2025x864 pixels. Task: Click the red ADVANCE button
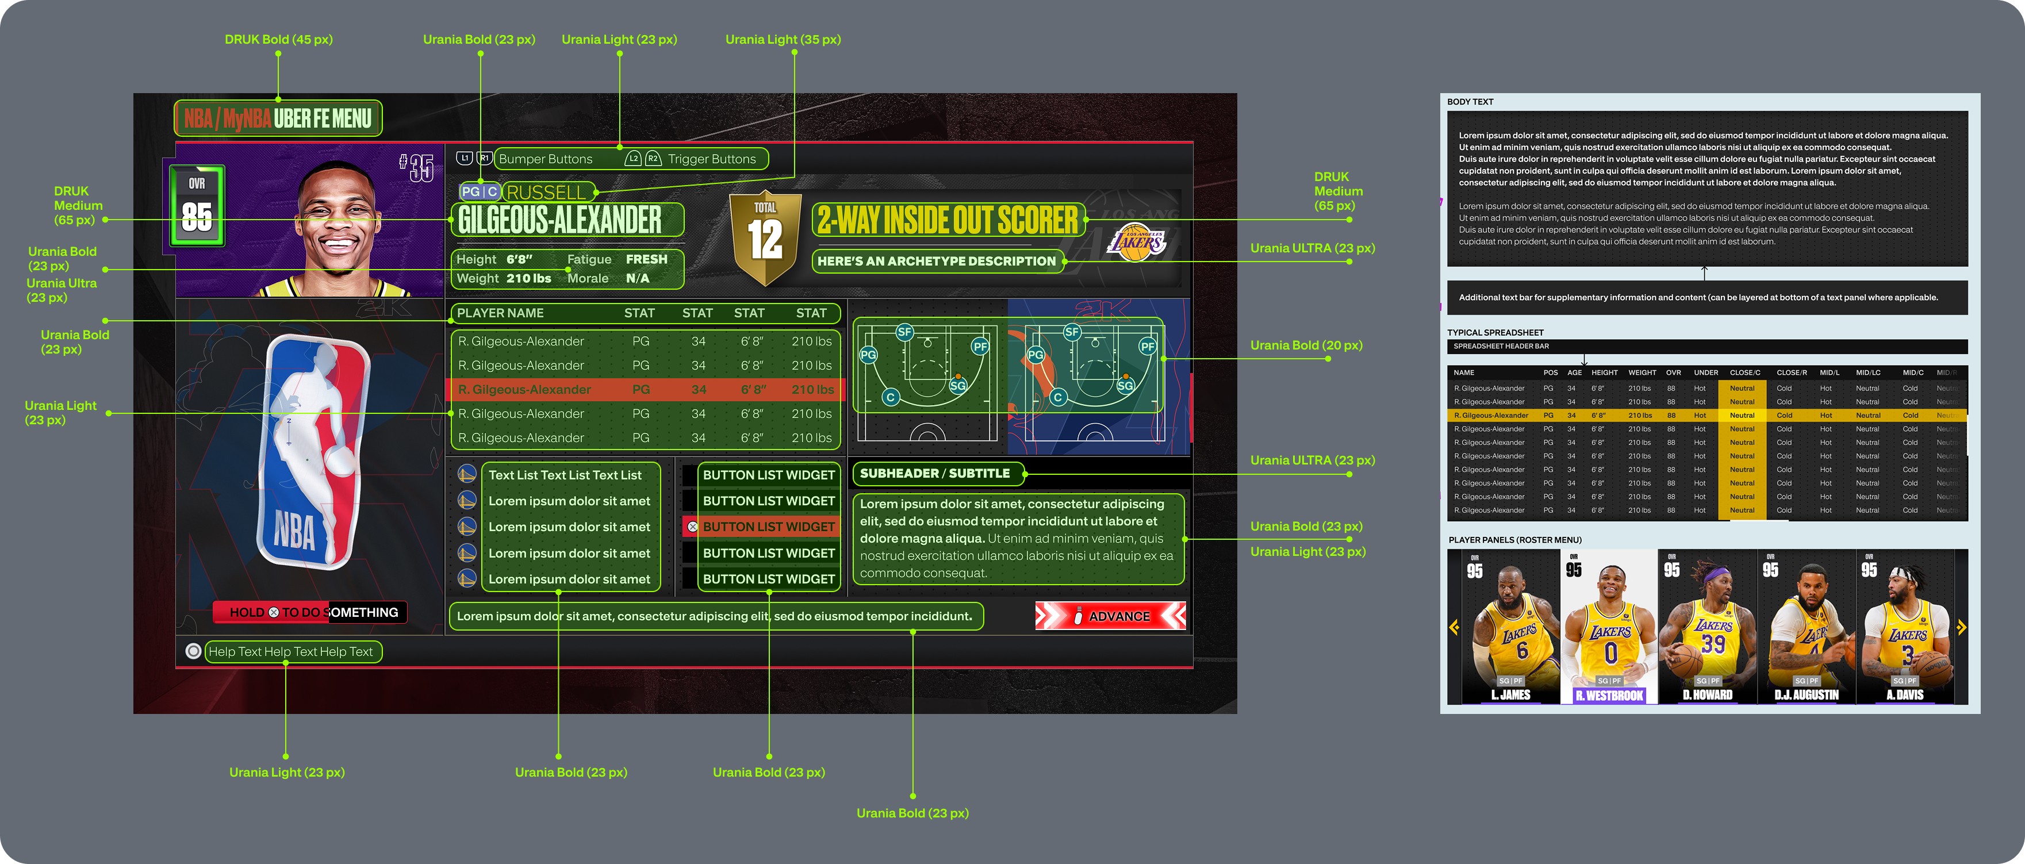click(1110, 616)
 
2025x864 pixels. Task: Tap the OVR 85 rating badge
click(197, 206)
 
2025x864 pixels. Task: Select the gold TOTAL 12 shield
click(765, 236)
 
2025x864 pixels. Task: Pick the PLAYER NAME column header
click(500, 313)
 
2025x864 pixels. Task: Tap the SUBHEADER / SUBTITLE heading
click(935, 473)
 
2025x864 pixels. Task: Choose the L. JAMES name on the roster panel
click(1510, 695)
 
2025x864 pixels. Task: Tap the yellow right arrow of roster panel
click(1961, 627)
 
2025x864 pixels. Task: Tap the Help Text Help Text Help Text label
click(290, 652)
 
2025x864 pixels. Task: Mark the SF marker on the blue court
click(1072, 332)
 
